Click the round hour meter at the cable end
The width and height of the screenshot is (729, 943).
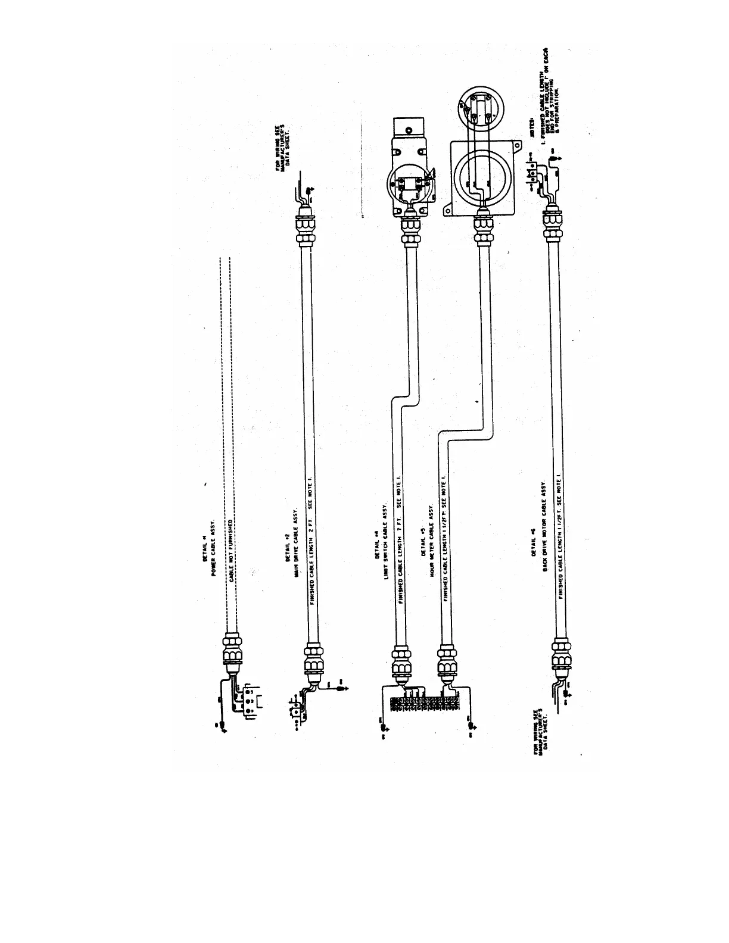[x=479, y=107]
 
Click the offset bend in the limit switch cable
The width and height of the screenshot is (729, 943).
[x=400, y=399]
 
